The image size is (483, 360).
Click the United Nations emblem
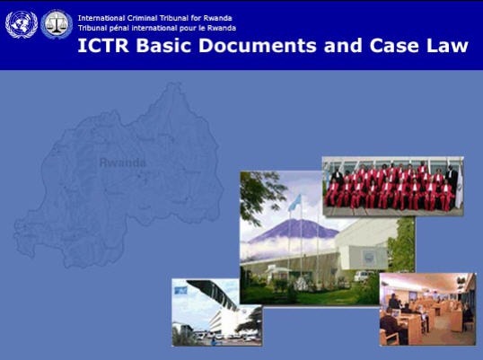pyautogui.click(x=21, y=24)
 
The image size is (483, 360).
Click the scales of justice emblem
pyautogui.click(x=57, y=24)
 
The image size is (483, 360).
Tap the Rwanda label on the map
pyautogui.click(x=122, y=163)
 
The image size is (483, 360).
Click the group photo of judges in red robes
pyautogui.click(x=393, y=187)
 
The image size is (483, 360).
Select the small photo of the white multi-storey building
pyautogui.click(x=217, y=312)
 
